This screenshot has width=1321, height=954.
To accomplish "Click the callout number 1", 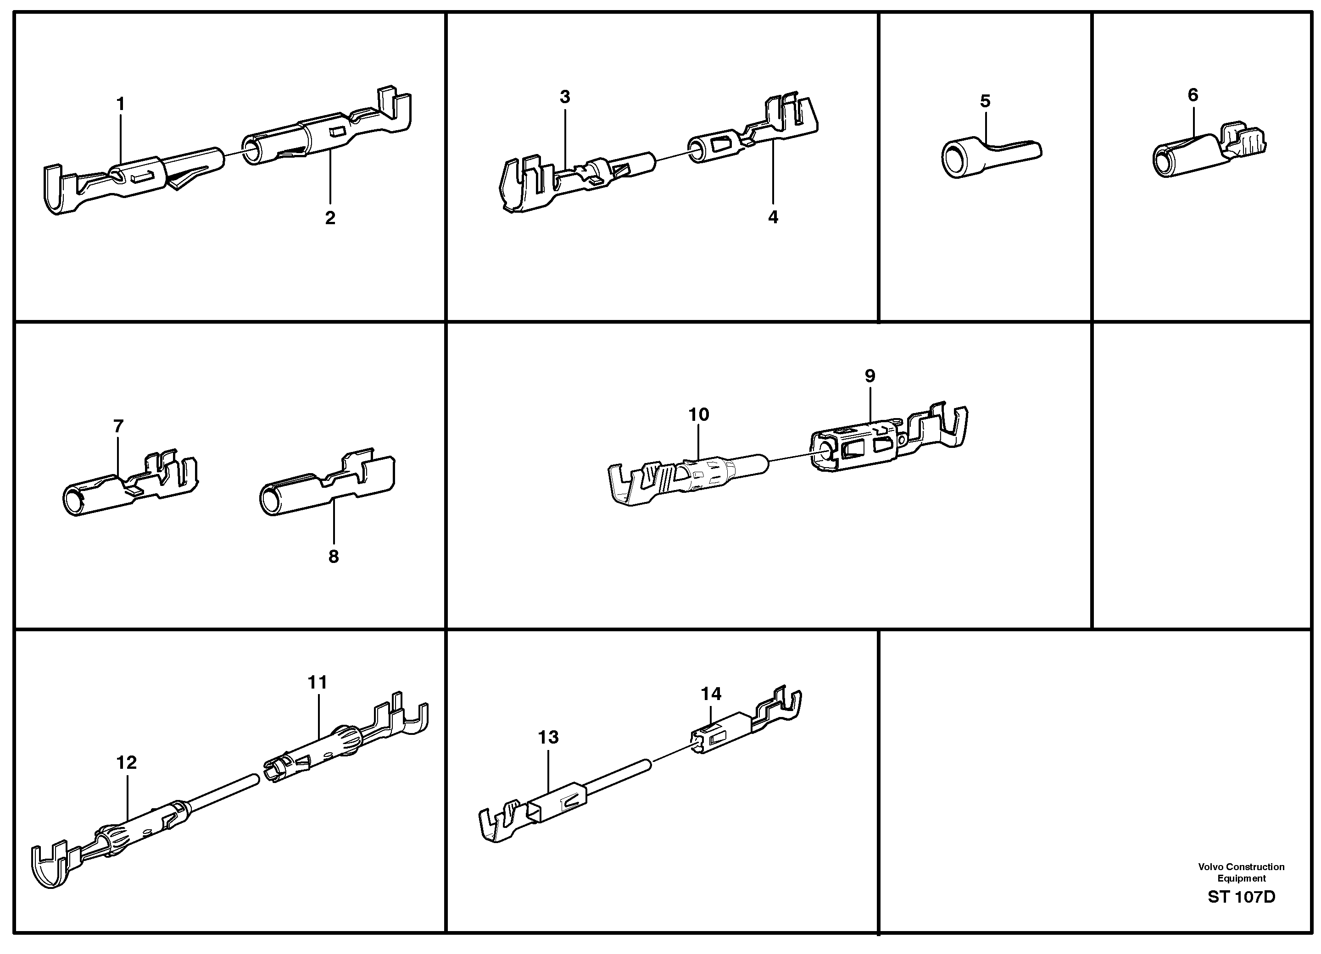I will [x=121, y=105].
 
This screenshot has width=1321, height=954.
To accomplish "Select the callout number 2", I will [x=330, y=218].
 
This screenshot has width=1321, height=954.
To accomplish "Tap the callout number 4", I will [x=773, y=217].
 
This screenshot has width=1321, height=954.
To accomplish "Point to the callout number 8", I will [x=333, y=557].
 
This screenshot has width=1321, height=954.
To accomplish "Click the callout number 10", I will [x=698, y=414].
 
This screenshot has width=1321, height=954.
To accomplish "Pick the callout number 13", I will [x=548, y=738].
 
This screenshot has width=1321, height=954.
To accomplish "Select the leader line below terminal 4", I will [x=773, y=175].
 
